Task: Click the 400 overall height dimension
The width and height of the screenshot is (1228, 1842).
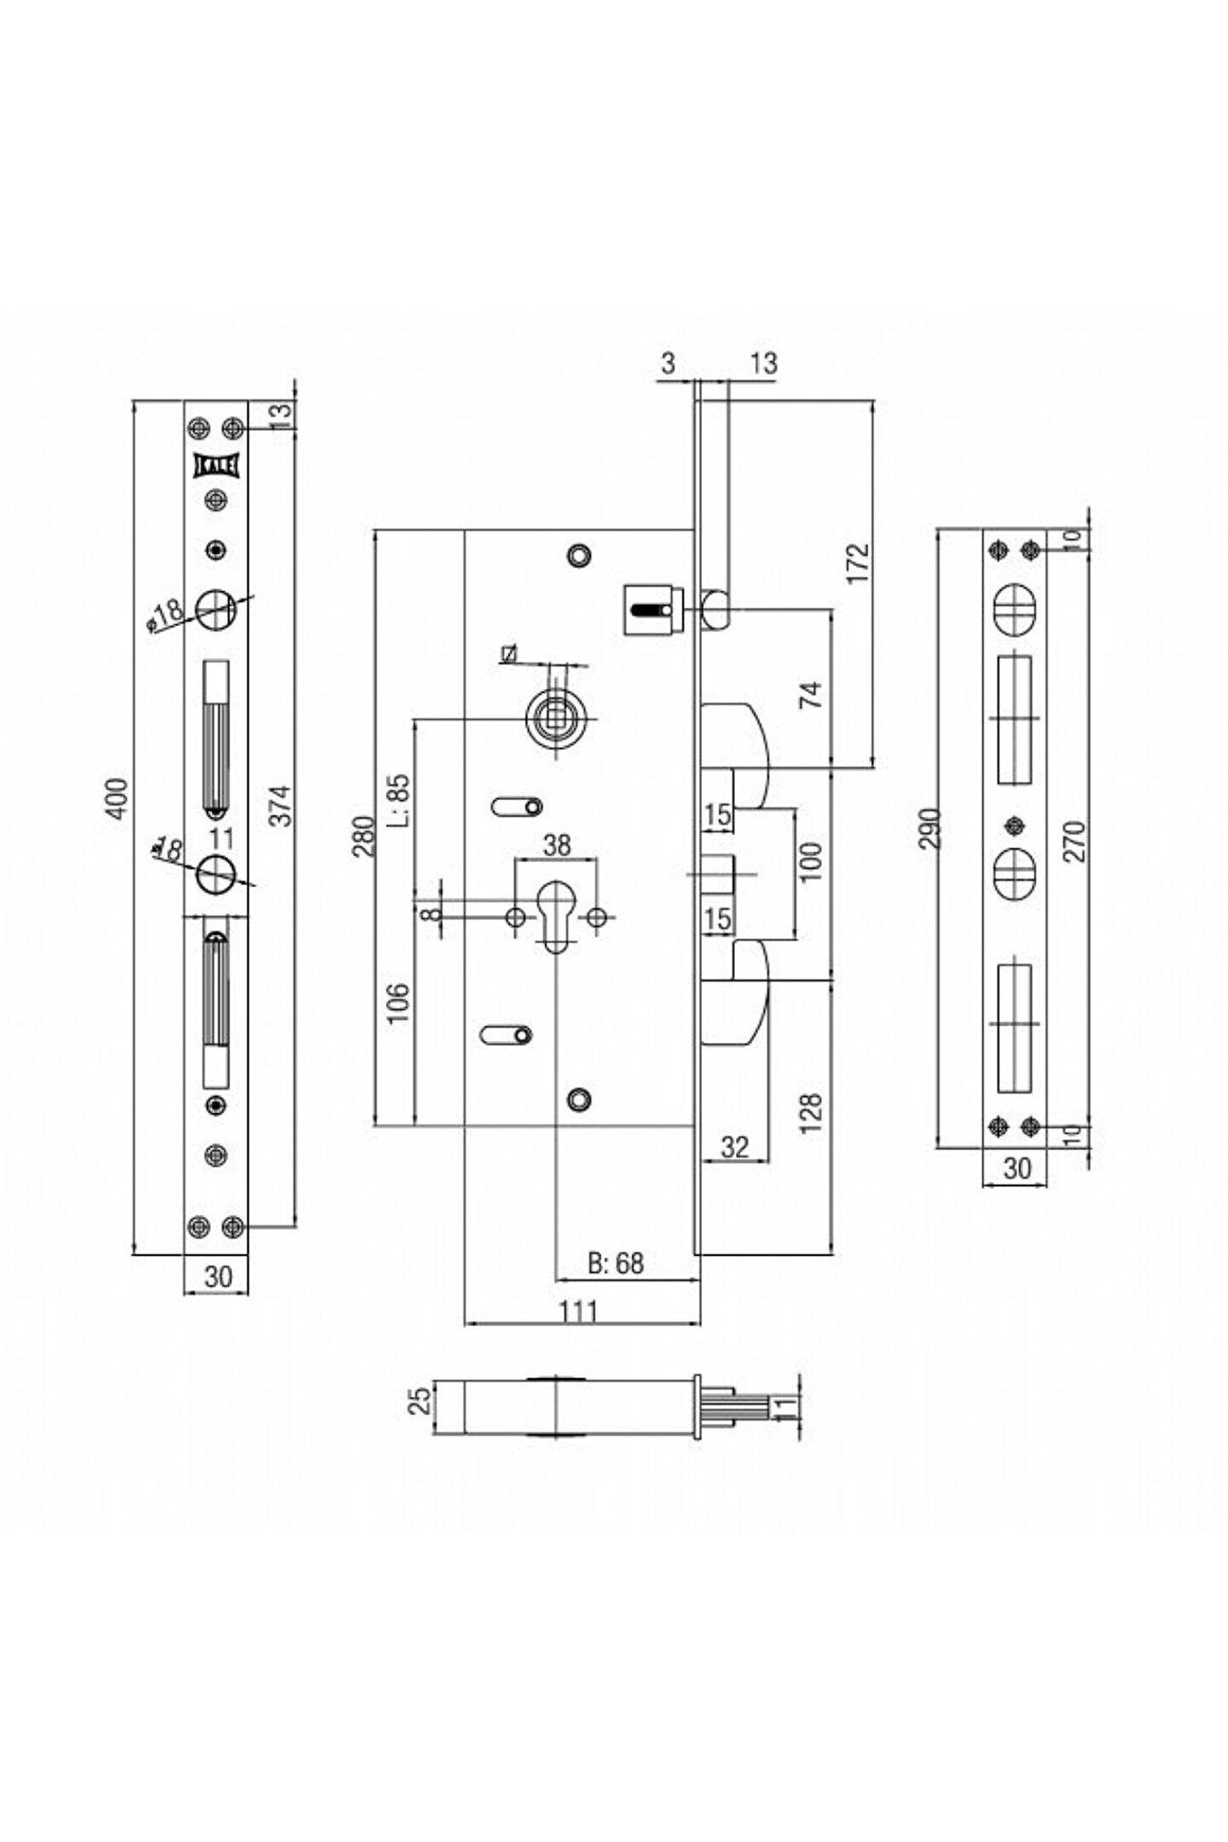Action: (x=120, y=798)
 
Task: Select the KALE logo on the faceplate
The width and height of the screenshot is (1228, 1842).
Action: (x=218, y=466)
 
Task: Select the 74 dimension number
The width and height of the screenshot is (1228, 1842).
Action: (x=814, y=694)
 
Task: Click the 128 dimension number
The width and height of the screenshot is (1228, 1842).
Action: (x=812, y=1111)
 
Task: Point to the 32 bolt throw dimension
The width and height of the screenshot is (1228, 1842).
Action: (x=734, y=1147)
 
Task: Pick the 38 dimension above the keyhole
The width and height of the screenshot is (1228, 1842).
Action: (x=557, y=845)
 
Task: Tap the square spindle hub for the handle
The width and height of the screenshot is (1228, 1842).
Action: (x=558, y=710)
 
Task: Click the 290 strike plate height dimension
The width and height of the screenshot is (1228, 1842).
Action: (x=932, y=828)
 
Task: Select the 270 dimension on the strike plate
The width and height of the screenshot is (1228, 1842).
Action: (x=1076, y=840)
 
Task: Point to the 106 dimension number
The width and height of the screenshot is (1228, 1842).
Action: (x=401, y=1003)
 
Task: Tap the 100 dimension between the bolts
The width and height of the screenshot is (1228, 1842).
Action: (x=812, y=860)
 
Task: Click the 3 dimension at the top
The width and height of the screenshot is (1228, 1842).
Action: (x=668, y=363)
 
